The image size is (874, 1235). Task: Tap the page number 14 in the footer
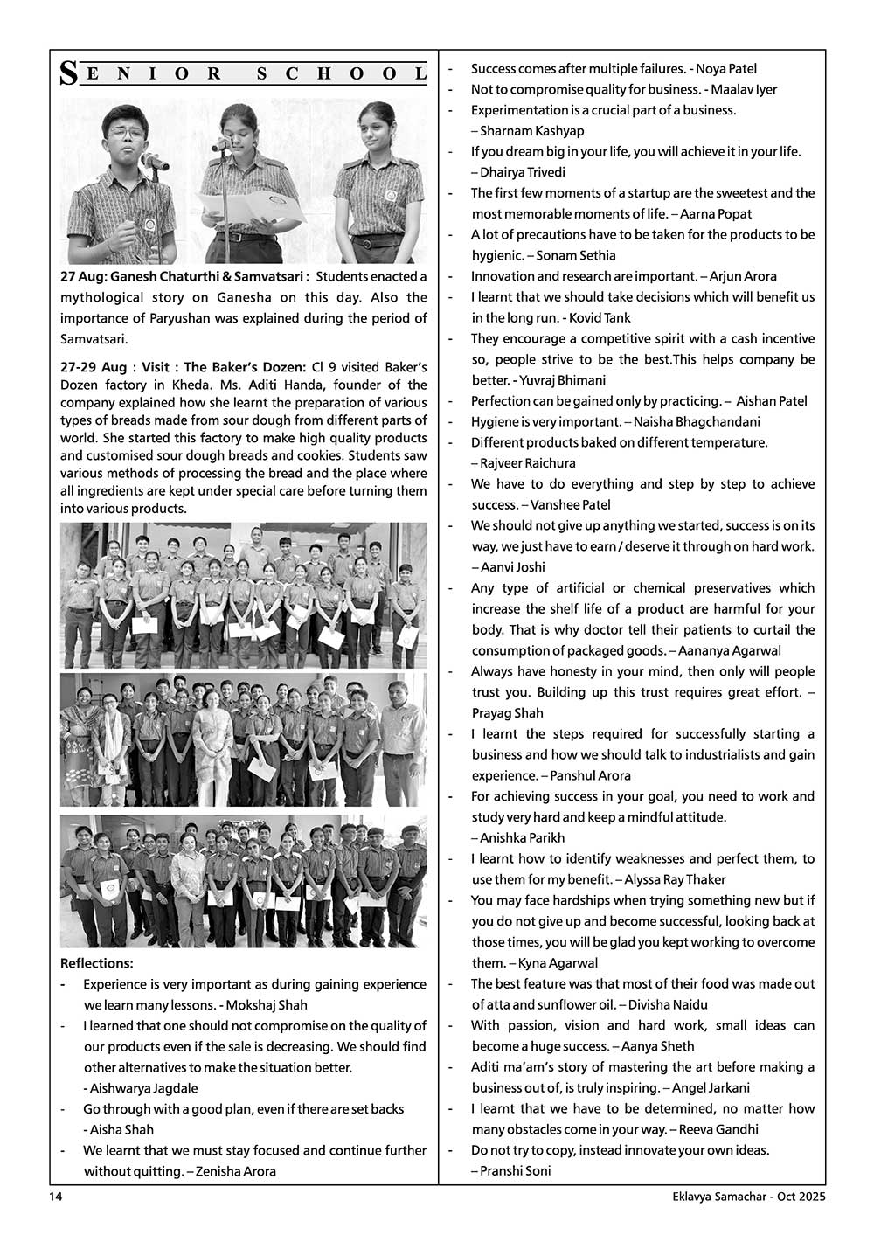tap(54, 1197)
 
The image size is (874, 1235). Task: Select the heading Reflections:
tap(96, 963)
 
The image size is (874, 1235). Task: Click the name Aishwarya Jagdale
tap(143, 1088)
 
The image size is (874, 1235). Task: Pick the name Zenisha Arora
tap(236, 1171)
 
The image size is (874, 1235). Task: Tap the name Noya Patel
tap(727, 68)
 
